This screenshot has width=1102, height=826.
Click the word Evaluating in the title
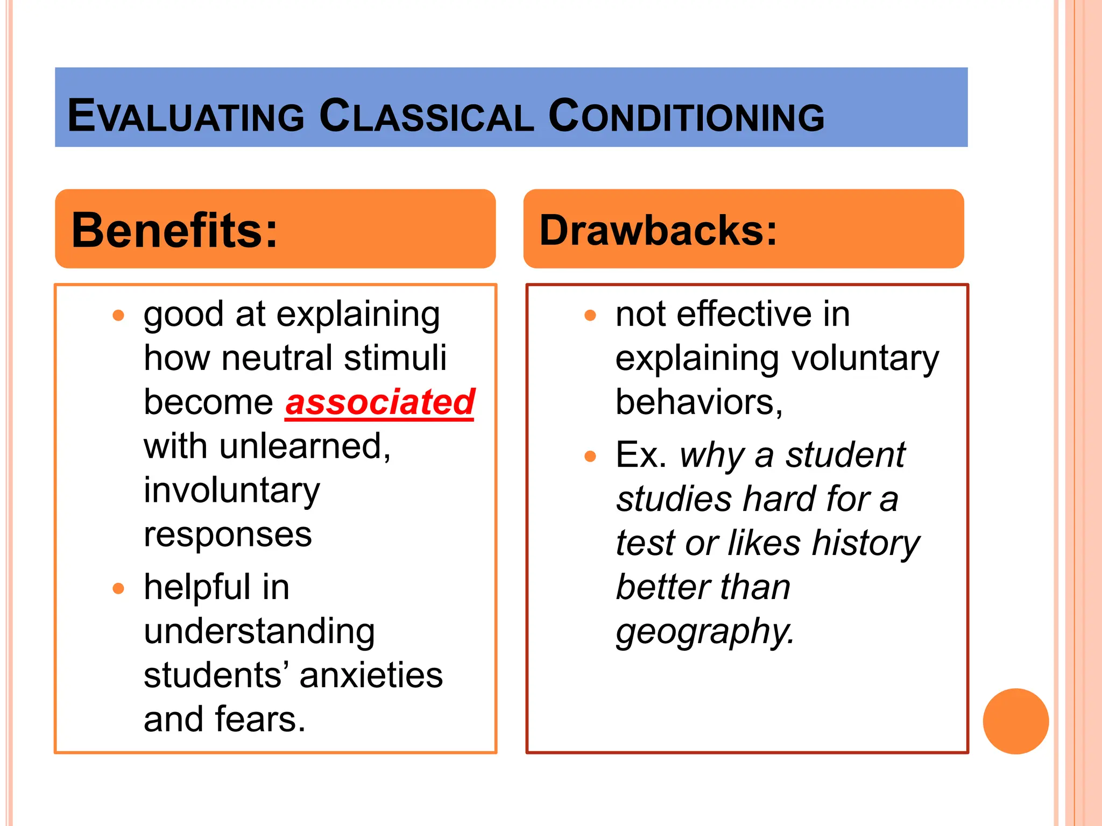186,116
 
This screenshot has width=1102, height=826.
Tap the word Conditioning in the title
686,116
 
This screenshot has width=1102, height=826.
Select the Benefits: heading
175,230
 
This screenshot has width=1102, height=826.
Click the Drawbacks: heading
658,230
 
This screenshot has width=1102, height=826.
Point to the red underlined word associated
380,402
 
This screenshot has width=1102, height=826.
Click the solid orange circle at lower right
1015,721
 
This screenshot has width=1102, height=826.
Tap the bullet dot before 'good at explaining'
118,315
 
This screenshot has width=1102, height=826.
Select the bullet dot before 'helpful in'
118,588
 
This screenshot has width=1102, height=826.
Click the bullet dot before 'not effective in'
590,315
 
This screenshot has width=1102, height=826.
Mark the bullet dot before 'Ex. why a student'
590,457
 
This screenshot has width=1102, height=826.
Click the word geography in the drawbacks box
705,631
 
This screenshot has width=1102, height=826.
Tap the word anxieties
371,675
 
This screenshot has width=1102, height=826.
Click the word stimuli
395,358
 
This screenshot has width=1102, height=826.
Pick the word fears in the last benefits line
260,720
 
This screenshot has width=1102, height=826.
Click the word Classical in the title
426,116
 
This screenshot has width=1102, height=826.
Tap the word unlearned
305,446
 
